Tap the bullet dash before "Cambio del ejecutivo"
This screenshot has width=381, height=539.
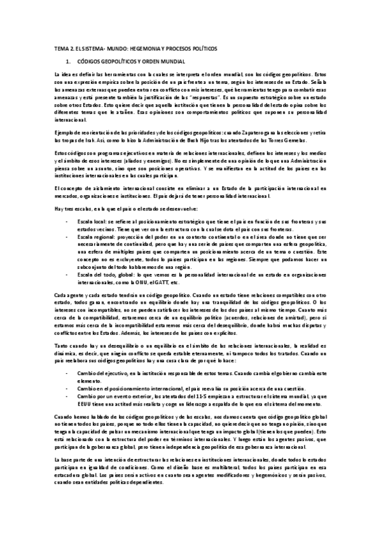[x=68, y=374]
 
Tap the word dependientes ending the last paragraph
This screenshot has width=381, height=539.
[x=148, y=482]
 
